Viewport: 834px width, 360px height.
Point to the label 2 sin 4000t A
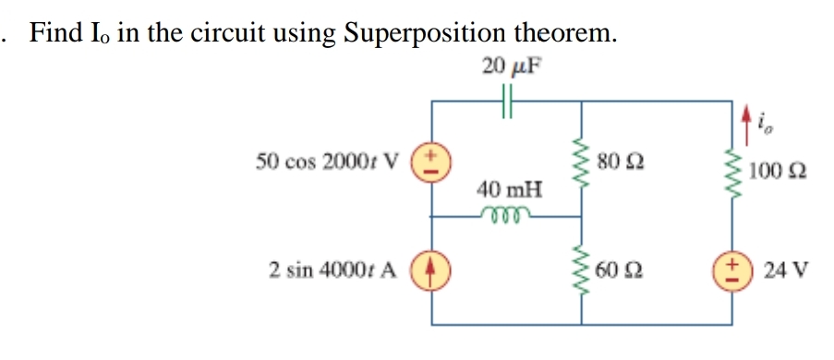click(x=332, y=270)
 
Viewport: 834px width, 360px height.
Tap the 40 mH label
click(x=509, y=190)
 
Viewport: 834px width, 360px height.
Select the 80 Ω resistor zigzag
click(x=582, y=162)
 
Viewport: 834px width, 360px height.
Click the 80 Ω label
click(x=617, y=163)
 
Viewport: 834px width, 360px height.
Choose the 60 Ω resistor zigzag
click(x=582, y=270)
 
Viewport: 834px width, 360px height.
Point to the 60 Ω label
click(x=618, y=270)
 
